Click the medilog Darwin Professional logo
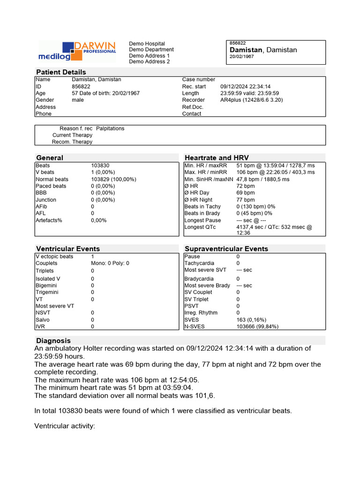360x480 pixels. pyautogui.click(x=77, y=51)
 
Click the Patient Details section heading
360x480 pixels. pyautogui.click(x=61, y=72)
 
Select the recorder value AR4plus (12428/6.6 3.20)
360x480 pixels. pyautogui.click(x=251, y=100)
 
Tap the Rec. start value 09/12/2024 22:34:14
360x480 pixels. pyautogui.click(x=245, y=87)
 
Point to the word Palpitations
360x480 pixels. pyautogui.click(x=110, y=128)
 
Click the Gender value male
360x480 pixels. pyautogui.click(x=78, y=100)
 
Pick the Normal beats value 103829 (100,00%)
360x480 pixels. pyautogui.click(x=113, y=180)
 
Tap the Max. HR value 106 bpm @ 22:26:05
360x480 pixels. pyautogui.click(x=276, y=172)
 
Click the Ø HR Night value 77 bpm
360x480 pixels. pyautogui.click(x=246, y=200)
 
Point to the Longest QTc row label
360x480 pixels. pyautogui.click(x=201, y=227)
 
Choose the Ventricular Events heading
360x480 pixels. pyautogui.click(x=68, y=249)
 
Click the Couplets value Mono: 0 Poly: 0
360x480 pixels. pyautogui.click(x=110, y=263)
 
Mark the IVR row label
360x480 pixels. pyautogui.click(x=40, y=327)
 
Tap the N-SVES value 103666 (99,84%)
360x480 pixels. pyautogui.click(x=257, y=327)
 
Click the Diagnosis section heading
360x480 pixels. pyautogui.click(x=53, y=341)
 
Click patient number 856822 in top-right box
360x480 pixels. pyautogui.click(x=238, y=43)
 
